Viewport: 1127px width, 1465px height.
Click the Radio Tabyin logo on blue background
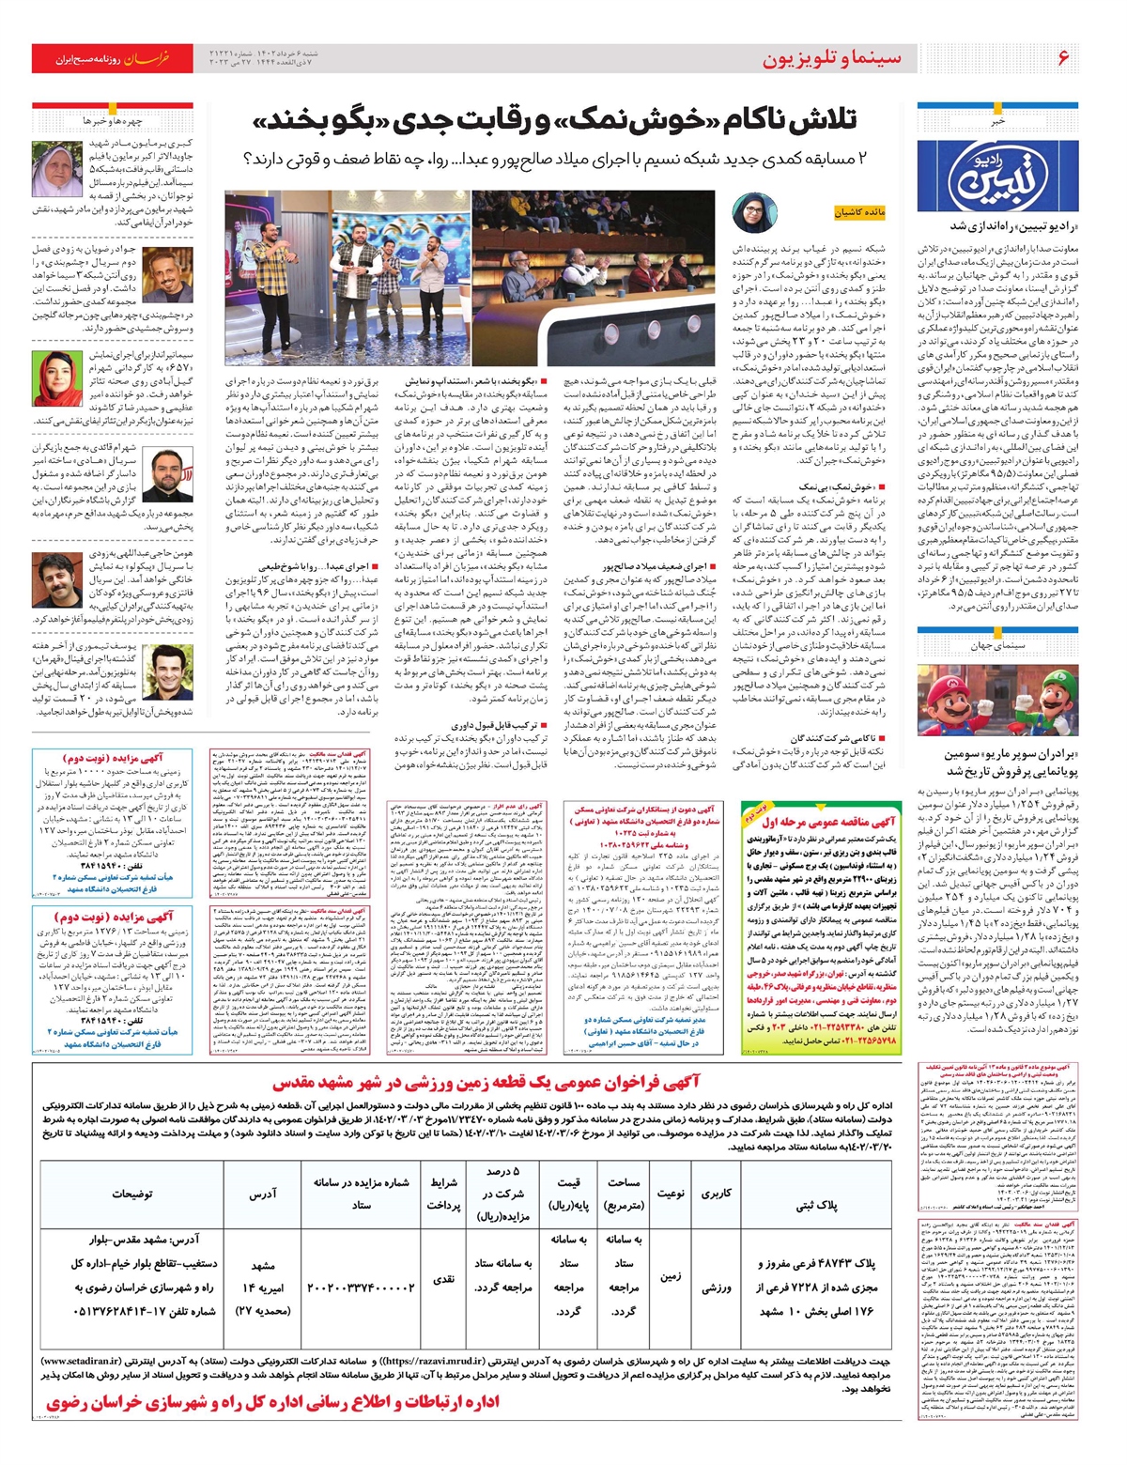pos(996,169)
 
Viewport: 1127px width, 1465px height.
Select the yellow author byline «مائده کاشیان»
pos(859,213)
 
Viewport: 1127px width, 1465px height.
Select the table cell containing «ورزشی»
pos(716,1288)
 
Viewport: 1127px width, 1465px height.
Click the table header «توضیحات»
pos(131,1194)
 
